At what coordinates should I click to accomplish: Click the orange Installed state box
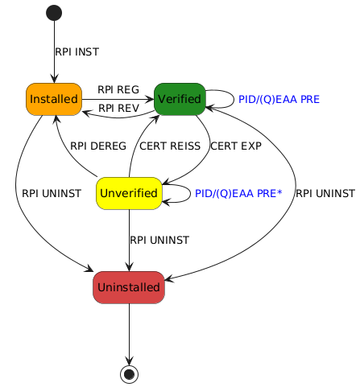[x=54, y=99]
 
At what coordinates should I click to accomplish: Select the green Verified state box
[x=180, y=99]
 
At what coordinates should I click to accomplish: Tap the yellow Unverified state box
[x=129, y=193]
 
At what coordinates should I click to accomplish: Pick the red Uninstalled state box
[x=129, y=287]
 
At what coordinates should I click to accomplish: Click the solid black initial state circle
[x=54, y=13]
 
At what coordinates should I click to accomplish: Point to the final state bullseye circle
[x=129, y=374]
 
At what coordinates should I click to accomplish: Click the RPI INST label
[x=77, y=51]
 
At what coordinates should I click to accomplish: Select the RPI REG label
[x=118, y=89]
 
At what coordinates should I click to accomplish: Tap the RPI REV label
[x=118, y=108]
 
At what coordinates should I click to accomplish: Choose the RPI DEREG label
[x=98, y=146]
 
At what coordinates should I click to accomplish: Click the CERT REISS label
[x=170, y=146]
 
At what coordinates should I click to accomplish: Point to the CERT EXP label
[x=236, y=146]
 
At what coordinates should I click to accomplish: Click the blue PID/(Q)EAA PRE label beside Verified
[x=279, y=99]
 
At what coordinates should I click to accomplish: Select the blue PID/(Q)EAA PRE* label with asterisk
[x=238, y=193]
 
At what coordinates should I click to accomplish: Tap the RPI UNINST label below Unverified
[x=159, y=240]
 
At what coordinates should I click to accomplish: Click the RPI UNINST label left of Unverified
[x=52, y=193]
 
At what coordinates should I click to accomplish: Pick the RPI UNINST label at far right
[x=325, y=193]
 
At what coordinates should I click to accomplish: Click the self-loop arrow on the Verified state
[x=234, y=99]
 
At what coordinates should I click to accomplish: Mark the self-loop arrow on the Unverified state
[x=190, y=193]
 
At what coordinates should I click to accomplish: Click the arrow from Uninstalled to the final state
[x=129, y=334]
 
